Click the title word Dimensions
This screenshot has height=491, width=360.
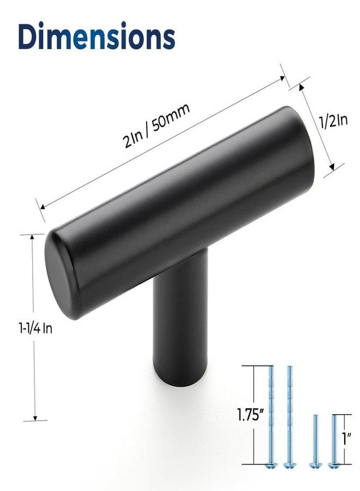[x=97, y=35]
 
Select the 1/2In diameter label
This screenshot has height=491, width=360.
[x=334, y=121]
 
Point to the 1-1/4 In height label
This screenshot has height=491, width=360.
[x=35, y=328]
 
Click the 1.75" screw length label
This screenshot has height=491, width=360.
[x=249, y=416]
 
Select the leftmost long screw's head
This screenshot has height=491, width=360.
[x=270, y=465]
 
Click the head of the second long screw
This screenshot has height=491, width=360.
[x=289, y=465]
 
